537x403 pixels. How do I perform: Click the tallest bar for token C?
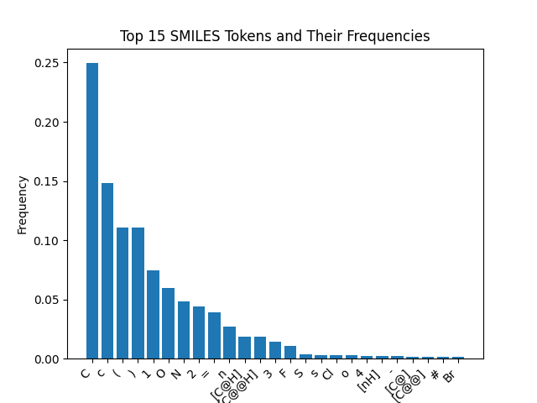tap(92, 211)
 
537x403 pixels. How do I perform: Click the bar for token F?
tap(290, 353)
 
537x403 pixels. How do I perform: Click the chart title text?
tap(274, 36)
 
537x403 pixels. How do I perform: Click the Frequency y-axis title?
tap(23, 204)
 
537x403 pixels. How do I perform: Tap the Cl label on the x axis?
tap(328, 374)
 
